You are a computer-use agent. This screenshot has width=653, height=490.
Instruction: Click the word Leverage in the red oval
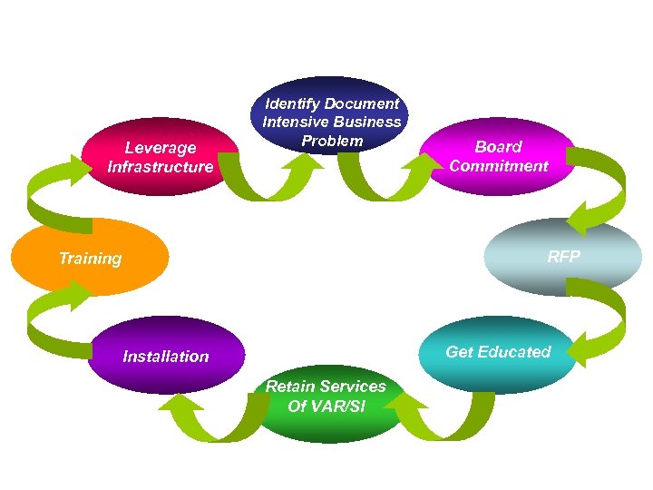click(161, 147)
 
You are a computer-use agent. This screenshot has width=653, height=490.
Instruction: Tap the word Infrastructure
click(161, 167)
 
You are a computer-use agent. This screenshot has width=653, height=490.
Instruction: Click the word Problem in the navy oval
click(332, 141)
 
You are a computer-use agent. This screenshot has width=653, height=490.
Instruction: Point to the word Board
click(499, 146)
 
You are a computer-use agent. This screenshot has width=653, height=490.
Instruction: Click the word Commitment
click(499, 166)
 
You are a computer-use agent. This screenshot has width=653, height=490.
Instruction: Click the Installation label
click(166, 357)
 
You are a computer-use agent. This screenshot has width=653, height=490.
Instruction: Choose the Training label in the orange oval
click(90, 259)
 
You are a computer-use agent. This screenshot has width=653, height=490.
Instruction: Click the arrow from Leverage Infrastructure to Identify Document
click(249, 177)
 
